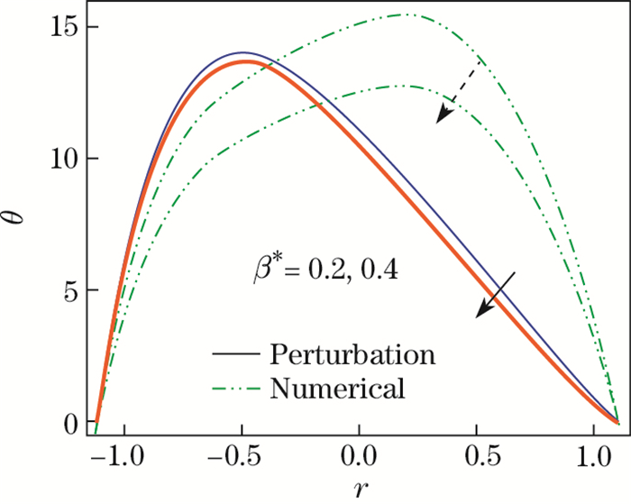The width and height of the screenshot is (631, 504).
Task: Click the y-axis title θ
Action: coord(19,216)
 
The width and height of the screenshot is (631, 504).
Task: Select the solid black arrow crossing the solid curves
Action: coord(497,294)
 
